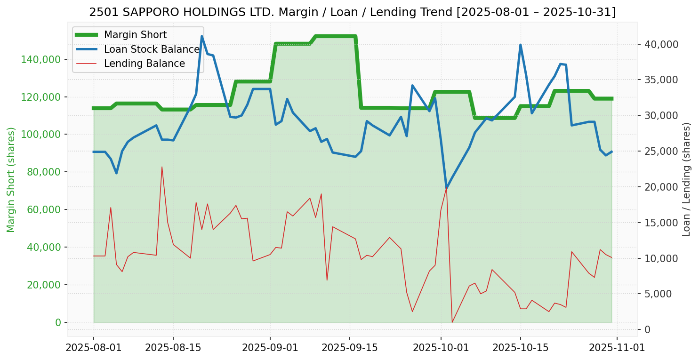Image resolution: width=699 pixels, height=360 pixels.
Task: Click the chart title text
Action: [x=352, y=12]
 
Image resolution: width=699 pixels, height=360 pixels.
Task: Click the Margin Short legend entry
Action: [x=135, y=35]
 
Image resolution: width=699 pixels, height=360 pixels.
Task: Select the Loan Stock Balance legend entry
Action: [x=152, y=49]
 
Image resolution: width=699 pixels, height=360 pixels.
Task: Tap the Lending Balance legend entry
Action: [x=144, y=64]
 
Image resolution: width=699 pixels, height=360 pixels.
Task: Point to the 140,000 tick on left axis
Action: [x=41, y=59]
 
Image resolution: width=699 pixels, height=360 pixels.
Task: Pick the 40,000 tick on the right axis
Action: [x=662, y=44]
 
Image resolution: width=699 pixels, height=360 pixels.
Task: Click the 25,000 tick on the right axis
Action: [x=662, y=152]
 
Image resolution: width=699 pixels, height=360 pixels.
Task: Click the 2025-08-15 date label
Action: [x=173, y=348]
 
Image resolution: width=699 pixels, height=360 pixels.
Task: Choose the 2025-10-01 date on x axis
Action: [x=441, y=348]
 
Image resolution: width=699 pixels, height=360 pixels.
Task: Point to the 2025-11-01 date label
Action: [x=617, y=348]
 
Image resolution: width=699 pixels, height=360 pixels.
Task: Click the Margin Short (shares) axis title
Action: [x=11, y=180]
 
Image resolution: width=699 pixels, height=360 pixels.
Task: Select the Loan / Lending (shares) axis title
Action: [x=687, y=180]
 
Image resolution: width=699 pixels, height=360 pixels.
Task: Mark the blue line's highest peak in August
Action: [x=202, y=36]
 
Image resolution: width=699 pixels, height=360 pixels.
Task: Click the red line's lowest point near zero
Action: [x=452, y=322]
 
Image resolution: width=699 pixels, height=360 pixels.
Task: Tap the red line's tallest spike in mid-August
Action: [x=162, y=167]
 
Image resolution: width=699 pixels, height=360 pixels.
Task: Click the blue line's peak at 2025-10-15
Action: [x=520, y=45]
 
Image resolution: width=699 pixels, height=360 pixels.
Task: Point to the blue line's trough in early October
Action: [x=446, y=189]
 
